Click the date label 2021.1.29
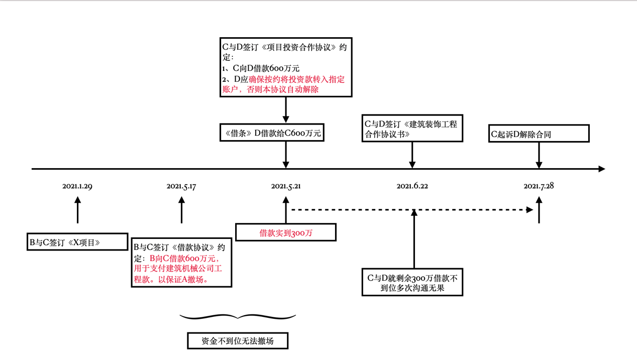click(77, 186)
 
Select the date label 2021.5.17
click(181, 186)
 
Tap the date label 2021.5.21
click(286, 186)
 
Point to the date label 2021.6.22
click(412, 186)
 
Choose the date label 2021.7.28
click(539, 186)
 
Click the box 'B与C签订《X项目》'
click(77, 242)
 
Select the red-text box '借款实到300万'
click(285, 233)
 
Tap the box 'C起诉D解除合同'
click(539, 134)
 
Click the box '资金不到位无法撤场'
click(238, 341)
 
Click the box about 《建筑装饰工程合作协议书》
click(412, 129)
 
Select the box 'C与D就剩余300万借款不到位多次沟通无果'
click(412, 283)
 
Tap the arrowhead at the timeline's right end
click(601, 169)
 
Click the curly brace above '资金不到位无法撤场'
click(238, 317)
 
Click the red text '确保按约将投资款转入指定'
click(296, 79)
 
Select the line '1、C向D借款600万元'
click(261, 68)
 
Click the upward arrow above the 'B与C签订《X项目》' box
click(77, 210)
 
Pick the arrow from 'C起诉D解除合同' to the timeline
click(539, 155)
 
